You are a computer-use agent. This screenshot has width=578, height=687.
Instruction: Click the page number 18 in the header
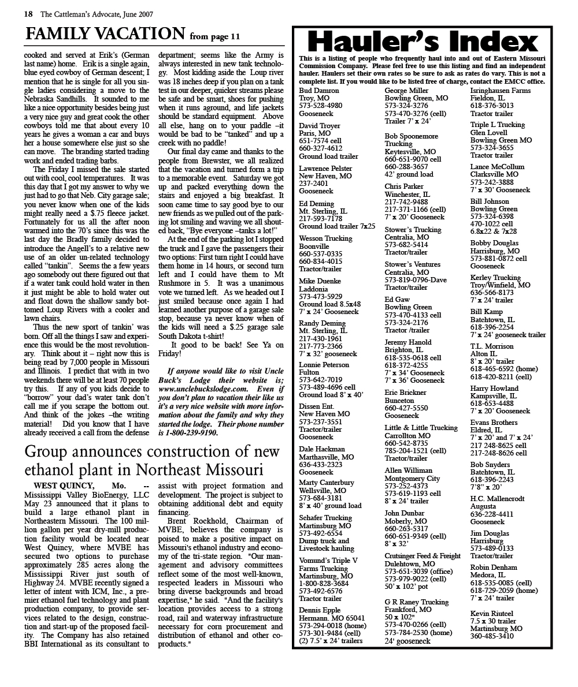coord(28,14)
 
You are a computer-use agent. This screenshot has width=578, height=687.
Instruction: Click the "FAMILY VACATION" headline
coord(105,33)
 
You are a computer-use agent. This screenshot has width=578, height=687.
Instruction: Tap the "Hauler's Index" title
coord(423,42)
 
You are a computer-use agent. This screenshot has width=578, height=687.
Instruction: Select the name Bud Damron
coord(319,91)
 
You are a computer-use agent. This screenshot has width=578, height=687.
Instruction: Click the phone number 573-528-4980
coord(320,106)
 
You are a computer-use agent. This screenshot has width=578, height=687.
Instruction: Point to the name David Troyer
coord(319,126)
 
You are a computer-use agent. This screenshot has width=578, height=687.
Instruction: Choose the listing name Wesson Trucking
coord(325,238)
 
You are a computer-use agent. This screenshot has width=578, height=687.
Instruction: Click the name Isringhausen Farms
coord(501,91)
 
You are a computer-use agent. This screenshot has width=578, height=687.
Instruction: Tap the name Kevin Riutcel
coord(492,613)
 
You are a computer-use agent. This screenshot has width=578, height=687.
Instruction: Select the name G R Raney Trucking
coord(417,602)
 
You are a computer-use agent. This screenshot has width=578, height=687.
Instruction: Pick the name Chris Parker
coord(404,186)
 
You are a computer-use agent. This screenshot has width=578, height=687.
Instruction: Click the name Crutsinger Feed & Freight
coord(423,556)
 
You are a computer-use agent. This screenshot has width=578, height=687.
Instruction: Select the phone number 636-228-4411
coord(492,514)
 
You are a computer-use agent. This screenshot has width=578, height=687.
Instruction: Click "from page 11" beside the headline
coord(214,36)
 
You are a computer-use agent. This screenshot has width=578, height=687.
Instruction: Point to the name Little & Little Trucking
coord(421,428)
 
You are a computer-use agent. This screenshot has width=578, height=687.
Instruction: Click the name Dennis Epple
coord(320,610)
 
